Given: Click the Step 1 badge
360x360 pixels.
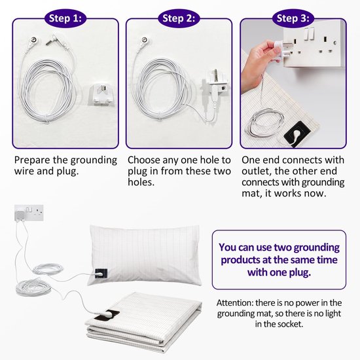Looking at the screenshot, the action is coord(65,18).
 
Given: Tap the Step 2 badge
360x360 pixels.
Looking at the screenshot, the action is coord(179,18).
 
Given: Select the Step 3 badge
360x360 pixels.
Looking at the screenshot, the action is coord(293,18).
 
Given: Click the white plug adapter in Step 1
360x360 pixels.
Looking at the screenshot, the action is coord(101,95).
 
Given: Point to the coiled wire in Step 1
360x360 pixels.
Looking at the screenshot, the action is coord(47,90).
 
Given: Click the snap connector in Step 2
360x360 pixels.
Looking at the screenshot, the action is coord(145,41).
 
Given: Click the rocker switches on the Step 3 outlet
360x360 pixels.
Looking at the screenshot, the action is coord(309,34).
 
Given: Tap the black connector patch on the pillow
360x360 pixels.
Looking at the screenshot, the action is coord(101,274).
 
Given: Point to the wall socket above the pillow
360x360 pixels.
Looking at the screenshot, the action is coord(29,213).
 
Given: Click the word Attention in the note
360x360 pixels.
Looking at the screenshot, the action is coord(234,303).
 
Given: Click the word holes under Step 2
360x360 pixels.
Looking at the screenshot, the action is coord(141,183).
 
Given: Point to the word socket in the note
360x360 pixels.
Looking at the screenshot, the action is coord(290,324).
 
